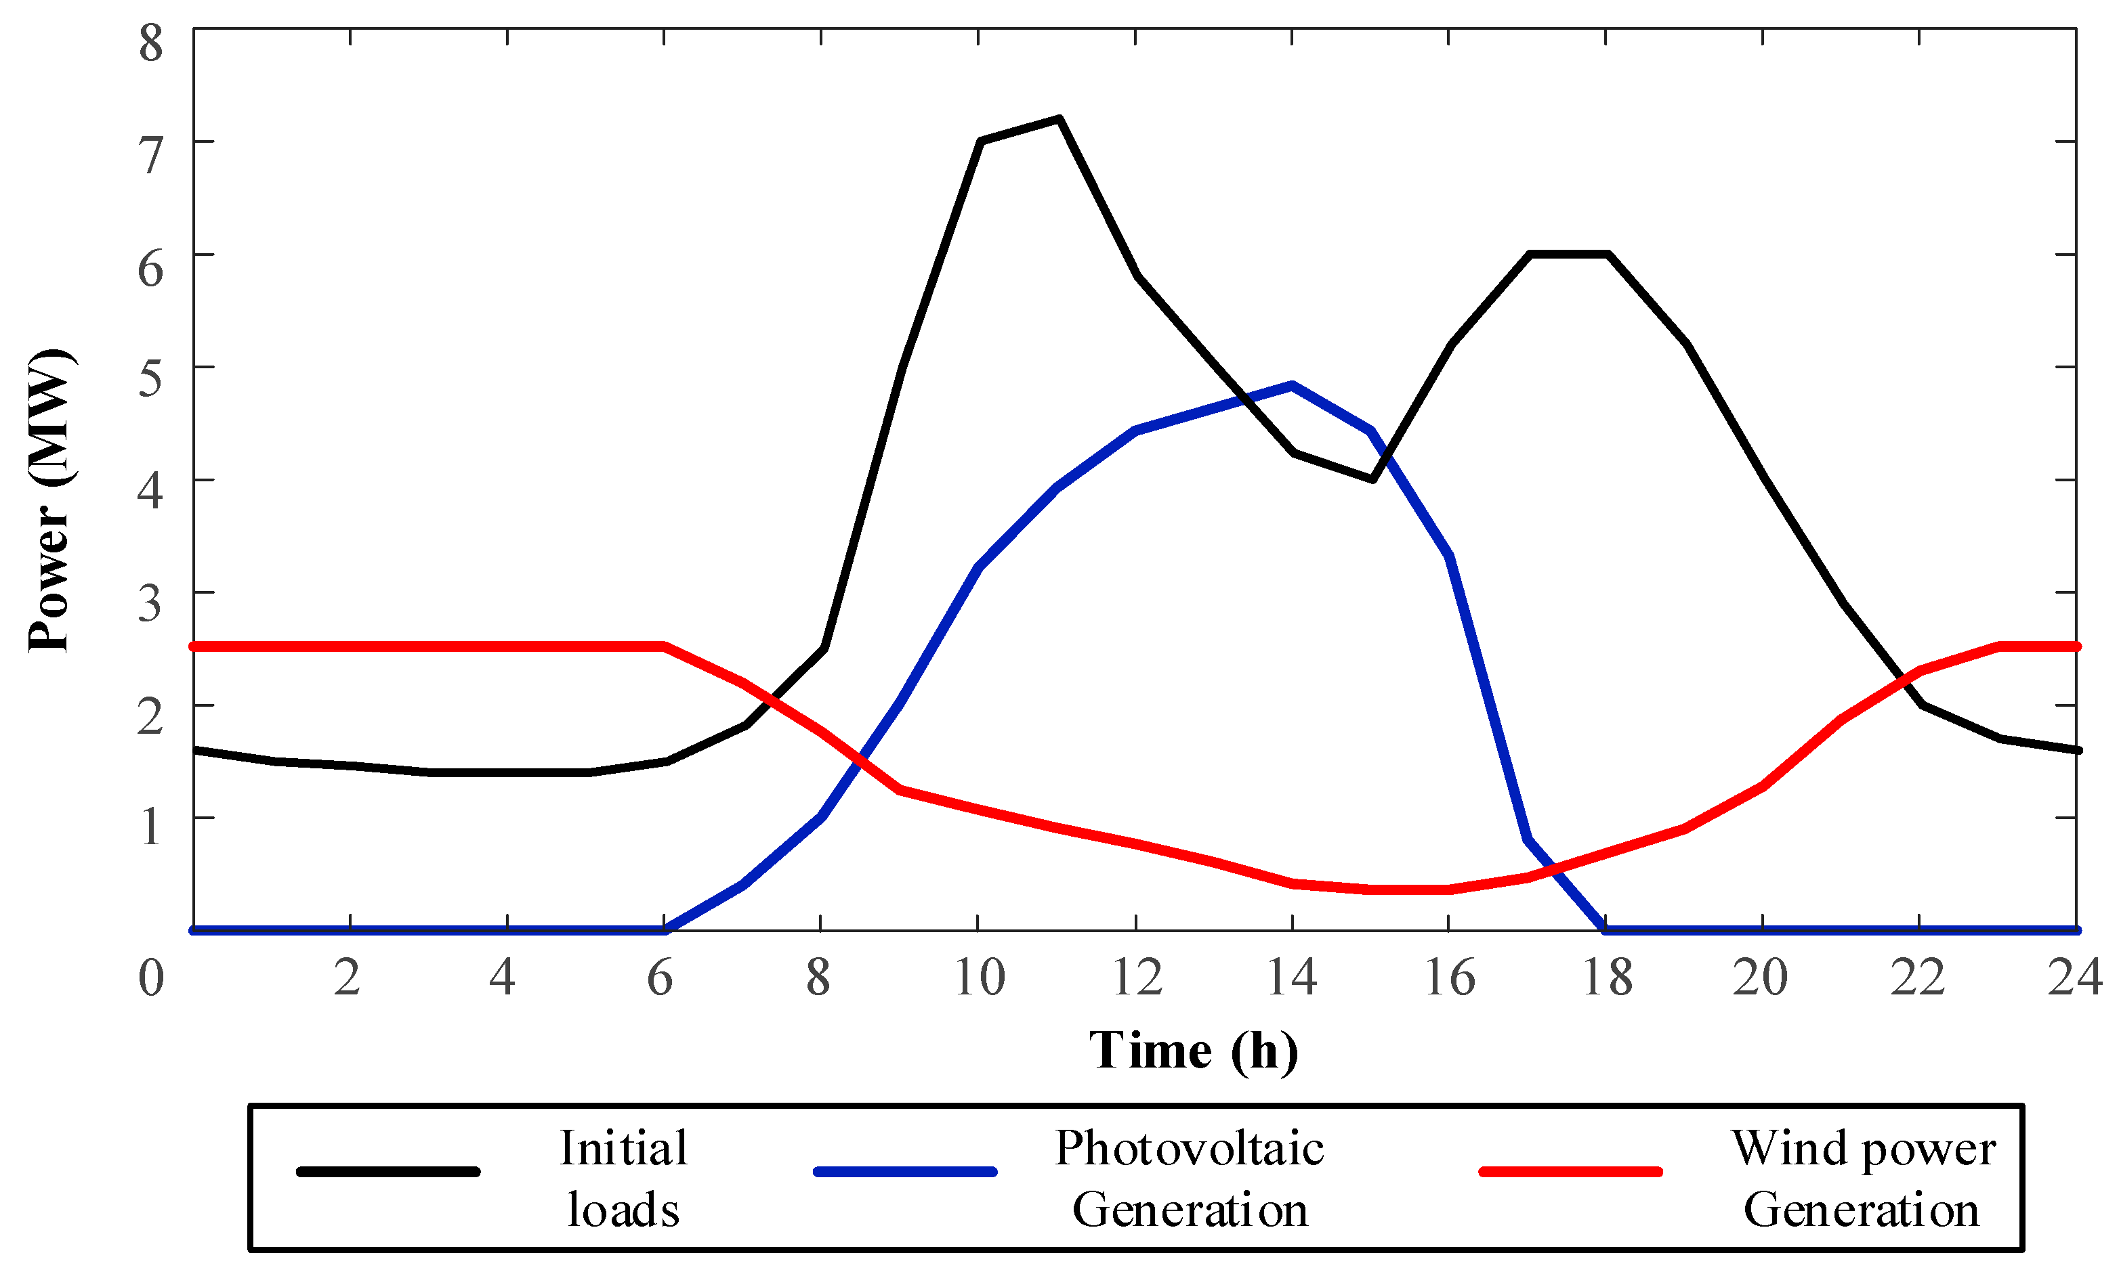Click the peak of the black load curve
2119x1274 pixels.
1059,118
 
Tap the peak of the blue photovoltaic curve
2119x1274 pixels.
1292,385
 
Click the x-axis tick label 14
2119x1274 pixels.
1292,978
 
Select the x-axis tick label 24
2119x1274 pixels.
2074,978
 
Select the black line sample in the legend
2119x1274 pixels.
387,1172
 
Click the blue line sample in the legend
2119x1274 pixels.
904,1172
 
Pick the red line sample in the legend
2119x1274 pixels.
1570,1172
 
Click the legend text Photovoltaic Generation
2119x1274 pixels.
1190,1179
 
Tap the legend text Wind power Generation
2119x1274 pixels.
1862,1179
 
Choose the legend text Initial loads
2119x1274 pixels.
624,1179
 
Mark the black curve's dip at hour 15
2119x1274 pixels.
1372,479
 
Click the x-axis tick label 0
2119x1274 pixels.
151,978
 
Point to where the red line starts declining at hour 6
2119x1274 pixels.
664,646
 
